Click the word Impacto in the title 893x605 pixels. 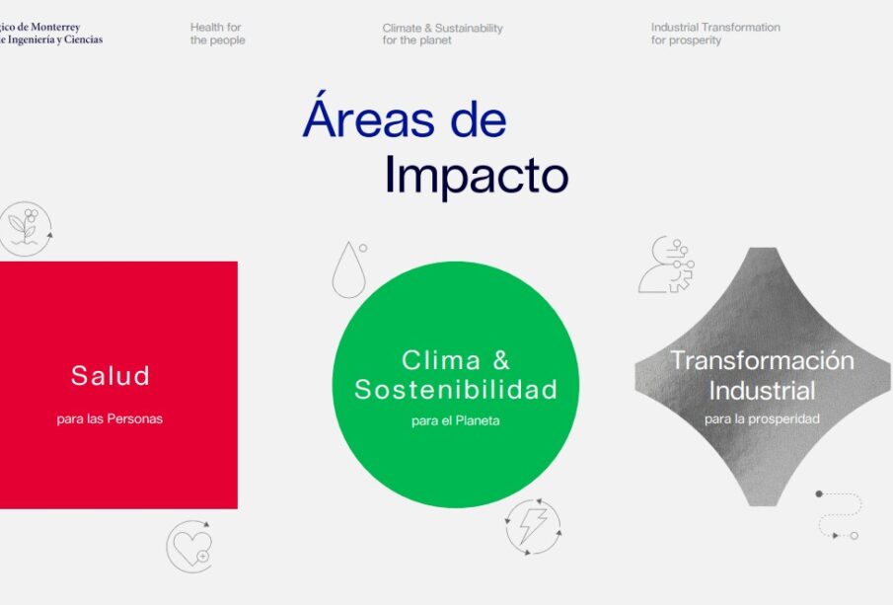pyautogui.click(x=477, y=176)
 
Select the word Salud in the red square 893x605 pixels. pyautogui.click(x=110, y=375)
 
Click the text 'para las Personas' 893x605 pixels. pyautogui.click(x=110, y=418)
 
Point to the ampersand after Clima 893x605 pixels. pyautogui.click(x=501, y=360)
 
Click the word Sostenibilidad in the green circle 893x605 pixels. pyautogui.click(x=456, y=390)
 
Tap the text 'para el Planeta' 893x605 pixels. pyautogui.click(x=456, y=421)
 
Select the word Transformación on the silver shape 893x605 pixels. pyautogui.click(x=762, y=360)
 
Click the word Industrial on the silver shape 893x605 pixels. pyautogui.click(x=762, y=391)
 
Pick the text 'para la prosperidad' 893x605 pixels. pyautogui.click(x=762, y=418)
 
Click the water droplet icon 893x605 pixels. pyautogui.click(x=348, y=270)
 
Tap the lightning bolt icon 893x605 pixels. pyautogui.click(x=533, y=526)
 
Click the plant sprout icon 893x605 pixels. pyautogui.click(x=26, y=228)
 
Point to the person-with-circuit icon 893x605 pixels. pyautogui.click(x=666, y=265)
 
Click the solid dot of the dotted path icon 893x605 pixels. pyautogui.click(x=819, y=493)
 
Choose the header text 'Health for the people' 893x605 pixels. pyautogui.click(x=217, y=34)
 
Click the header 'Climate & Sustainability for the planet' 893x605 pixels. pyautogui.click(x=442, y=34)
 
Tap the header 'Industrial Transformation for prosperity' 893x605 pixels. pyautogui.click(x=715, y=34)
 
